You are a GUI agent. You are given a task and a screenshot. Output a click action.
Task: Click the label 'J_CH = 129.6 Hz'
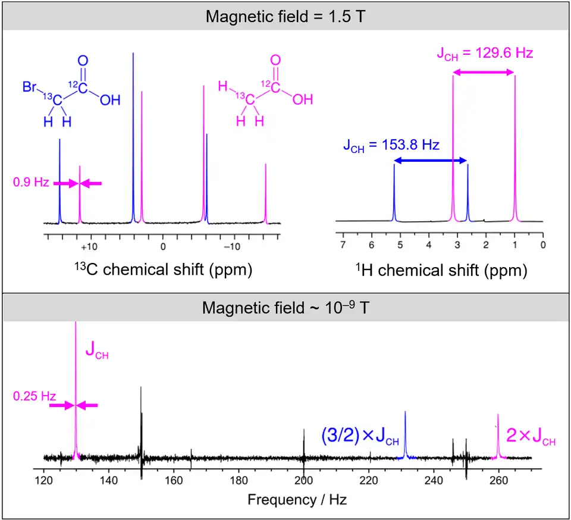click(485, 53)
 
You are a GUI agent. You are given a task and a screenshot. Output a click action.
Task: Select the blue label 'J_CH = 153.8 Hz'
click(391, 145)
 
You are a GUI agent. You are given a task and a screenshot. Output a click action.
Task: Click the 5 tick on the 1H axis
click(400, 245)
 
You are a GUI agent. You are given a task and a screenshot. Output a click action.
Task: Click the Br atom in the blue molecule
click(30, 87)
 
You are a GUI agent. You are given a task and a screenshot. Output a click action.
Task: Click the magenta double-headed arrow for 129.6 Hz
click(484, 72)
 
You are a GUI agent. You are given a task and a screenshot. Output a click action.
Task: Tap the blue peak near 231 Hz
click(405, 434)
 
